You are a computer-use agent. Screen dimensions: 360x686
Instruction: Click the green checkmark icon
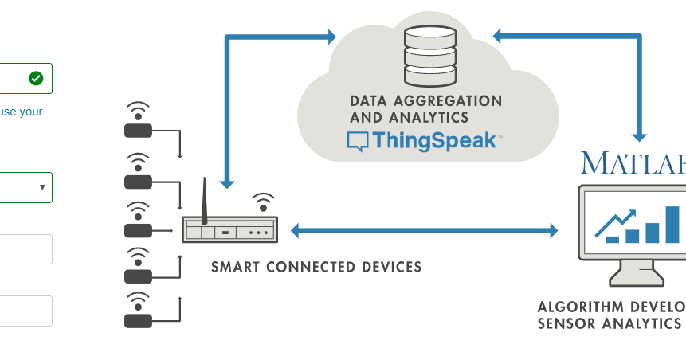pyautogui.click(x=36, y=78)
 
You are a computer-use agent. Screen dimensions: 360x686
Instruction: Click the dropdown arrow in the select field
pyautogui.click(x=41, y=187)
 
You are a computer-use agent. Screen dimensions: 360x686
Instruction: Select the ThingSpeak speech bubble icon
pyautogui.click(x=357, y=142)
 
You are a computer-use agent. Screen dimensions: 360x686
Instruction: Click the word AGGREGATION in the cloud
pyautogui.click(x=453, y=101)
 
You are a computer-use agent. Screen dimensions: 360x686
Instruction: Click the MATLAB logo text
pyautogui.click(x=633, y=162)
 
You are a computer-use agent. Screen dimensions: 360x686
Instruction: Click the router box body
pyautogui.click(x=230, y=231)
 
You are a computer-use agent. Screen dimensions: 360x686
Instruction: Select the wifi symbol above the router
pyautogui.click(x=263, y=200)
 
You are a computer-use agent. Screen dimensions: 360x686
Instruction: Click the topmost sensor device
pyautogui.click(x=138, y=130)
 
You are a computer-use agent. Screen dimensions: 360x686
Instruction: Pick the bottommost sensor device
pyautogui.click(x=138, y=320)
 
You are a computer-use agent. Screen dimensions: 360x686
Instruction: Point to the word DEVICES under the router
pyautogui.click(x=390, y=267)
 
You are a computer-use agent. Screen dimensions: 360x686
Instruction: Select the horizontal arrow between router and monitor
pyautogui.click(x=424, y=231)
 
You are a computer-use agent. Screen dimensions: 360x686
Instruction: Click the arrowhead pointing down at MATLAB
pyautogui.click(x=639, y=136)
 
